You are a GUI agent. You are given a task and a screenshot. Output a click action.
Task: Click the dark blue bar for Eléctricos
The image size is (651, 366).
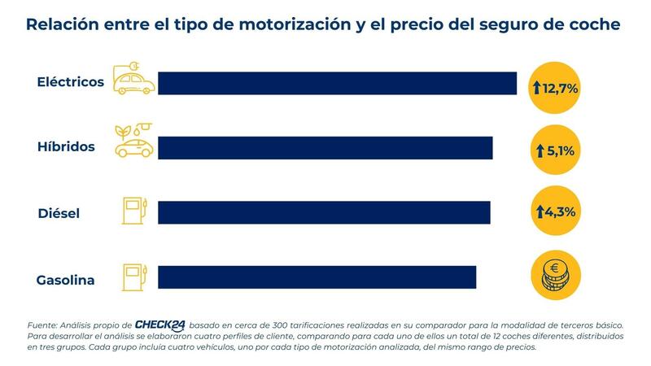tap(337, 83)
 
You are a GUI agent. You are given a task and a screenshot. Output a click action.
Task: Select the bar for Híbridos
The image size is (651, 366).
tap(325, 147)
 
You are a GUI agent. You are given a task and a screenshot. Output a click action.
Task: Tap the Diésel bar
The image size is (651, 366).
tap(324, 212)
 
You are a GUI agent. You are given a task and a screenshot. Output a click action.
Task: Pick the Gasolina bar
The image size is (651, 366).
tap(317, 277)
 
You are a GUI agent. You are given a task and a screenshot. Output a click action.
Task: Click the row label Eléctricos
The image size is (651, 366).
tap(71, 83)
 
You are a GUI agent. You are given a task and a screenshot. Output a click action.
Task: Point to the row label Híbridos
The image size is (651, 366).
tap(67, 147)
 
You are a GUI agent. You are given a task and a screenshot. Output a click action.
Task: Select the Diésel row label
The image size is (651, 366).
tap(59, 213)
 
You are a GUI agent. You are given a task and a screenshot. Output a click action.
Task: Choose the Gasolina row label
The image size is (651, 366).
tap(65, 281)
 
